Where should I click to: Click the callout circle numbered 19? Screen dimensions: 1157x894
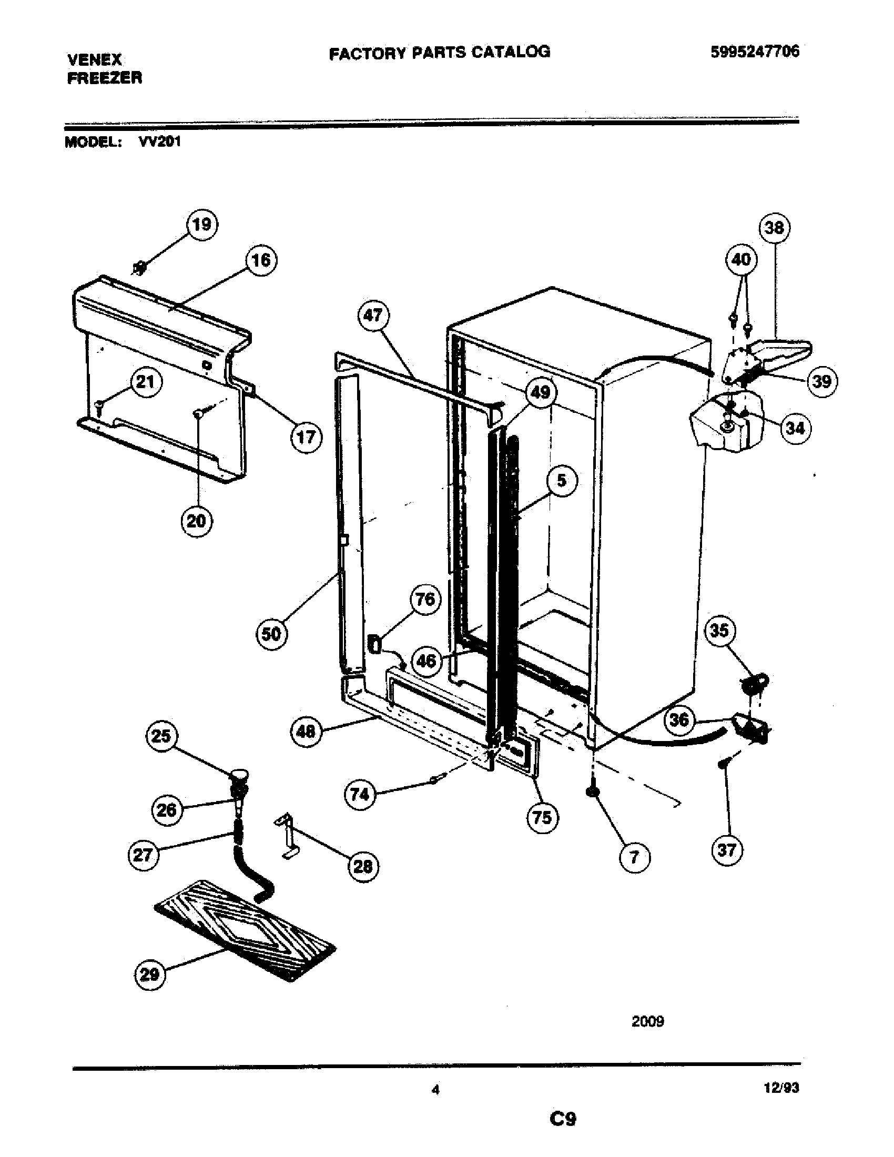point(202,225)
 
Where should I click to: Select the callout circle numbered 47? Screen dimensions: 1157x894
point(373,316)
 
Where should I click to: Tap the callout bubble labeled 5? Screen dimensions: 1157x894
point(561,481)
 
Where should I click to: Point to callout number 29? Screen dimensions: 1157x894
point(149,973)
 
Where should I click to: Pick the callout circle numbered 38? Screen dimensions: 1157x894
point(774,228)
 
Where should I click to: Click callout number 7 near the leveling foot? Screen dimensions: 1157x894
point(635,857)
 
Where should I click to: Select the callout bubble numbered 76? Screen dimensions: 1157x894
point(425,600)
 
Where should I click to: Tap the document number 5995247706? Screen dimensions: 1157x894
point(755,52)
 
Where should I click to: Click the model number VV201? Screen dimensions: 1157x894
point(159,142)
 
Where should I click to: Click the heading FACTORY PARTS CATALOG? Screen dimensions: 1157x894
point(440,52)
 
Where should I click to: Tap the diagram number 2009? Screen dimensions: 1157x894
point(647,1021)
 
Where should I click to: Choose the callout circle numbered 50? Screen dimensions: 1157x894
point(271,634)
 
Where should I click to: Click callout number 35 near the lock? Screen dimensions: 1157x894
point(719,631)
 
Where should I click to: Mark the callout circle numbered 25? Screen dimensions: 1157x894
point(161,736)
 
